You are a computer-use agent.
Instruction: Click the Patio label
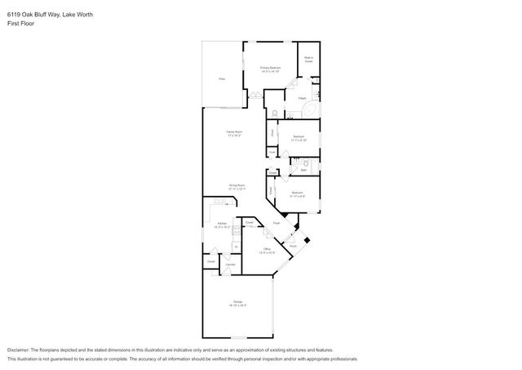click(221, 78)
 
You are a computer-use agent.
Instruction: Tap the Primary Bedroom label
click(270, 69)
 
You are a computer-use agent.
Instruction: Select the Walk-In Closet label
click(309, 60)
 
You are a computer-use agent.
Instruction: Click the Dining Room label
click(237, 187)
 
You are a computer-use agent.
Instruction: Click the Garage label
click(238, 304)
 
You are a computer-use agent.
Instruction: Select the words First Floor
click(20, 24)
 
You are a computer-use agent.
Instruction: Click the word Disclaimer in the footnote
click(22, 349)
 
